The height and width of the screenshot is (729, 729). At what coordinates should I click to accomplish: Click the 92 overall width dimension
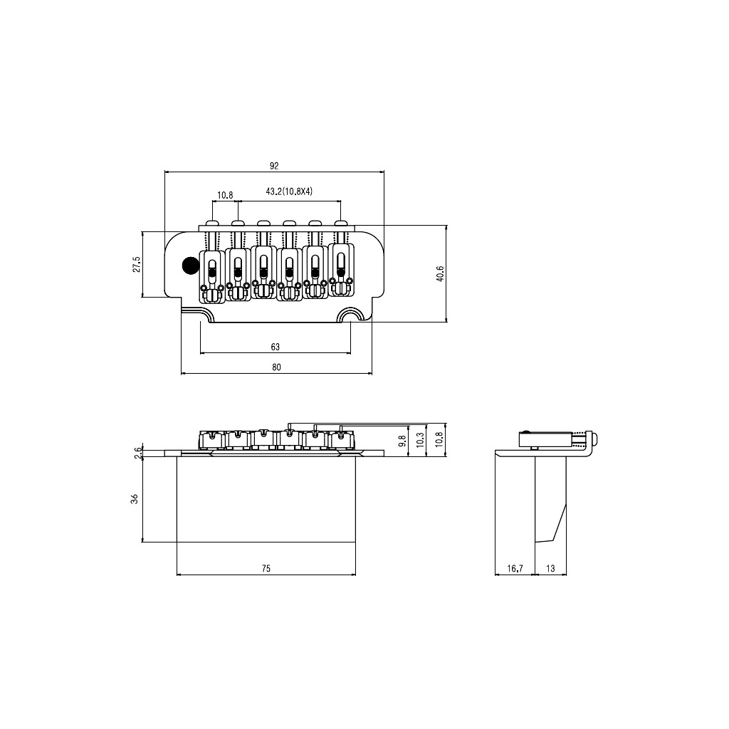pos(274,165)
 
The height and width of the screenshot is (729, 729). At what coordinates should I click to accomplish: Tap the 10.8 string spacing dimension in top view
pos(225,194)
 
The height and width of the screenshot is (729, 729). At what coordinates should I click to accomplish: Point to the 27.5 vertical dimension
pos(136,264)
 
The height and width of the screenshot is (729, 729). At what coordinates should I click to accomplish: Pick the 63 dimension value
pos(276,347)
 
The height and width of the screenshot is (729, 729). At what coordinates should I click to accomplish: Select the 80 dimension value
pos(276,367)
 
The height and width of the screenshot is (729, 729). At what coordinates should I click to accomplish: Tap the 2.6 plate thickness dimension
pos(137,453)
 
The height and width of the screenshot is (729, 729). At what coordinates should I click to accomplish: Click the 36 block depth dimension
pos(135,500)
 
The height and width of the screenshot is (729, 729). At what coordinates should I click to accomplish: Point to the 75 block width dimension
pos(266,569)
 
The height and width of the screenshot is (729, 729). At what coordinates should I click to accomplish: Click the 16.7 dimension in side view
pos(515,569)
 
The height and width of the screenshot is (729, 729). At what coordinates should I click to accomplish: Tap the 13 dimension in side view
pos(551,569)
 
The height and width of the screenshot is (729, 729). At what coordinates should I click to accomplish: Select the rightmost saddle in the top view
pos(342,269)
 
